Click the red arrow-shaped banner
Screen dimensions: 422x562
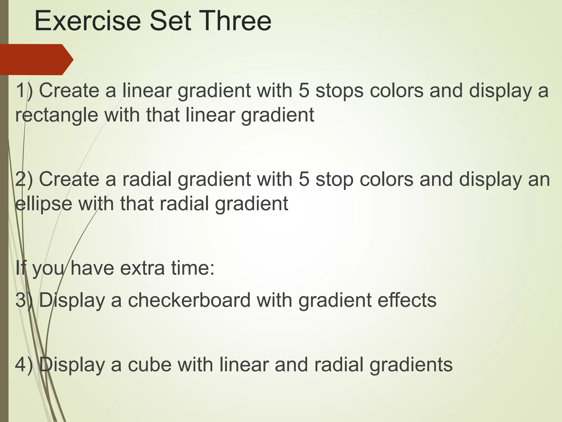36,59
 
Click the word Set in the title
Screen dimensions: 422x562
170,21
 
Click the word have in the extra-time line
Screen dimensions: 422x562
92,268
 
